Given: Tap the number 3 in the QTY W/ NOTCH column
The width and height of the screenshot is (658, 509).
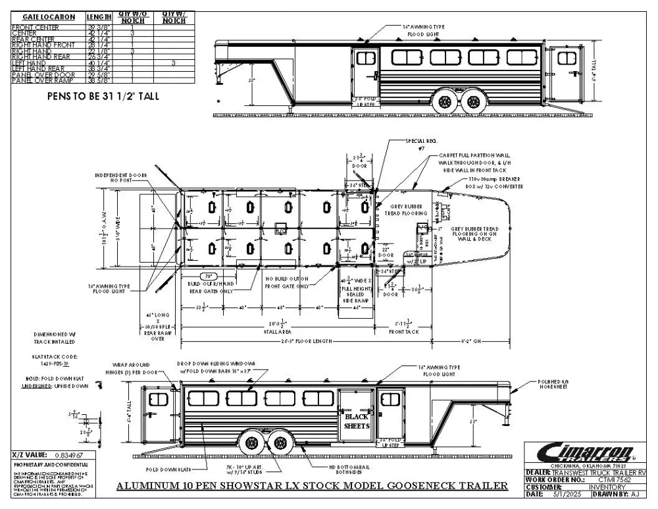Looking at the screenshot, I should (x=172, y=63).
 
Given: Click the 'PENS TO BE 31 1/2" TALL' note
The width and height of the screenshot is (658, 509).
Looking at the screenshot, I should (x=103, y=96).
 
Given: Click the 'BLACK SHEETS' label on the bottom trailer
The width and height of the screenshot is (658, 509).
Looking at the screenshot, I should (x=357, y=421).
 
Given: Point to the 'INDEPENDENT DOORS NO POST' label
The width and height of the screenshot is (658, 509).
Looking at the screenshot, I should (x=120, y=177).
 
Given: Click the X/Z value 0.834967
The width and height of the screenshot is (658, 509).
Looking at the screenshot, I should (x=66, y=454).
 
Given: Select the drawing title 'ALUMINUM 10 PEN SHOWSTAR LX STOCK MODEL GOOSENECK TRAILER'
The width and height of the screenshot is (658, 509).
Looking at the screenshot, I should (x=312, y=486).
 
